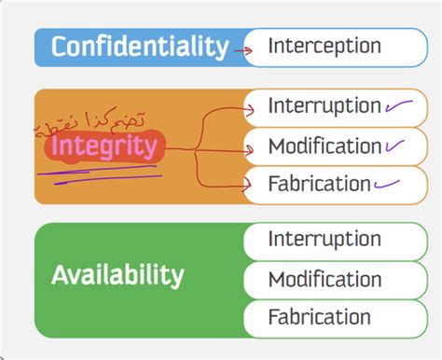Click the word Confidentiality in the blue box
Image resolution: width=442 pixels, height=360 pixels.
pyautogui.click(x=140, y=47)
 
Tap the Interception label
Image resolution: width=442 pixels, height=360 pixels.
pyautogui.click(x=324, y=46)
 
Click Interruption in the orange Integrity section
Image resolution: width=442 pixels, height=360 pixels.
pyautogui.click(x=324, y=106)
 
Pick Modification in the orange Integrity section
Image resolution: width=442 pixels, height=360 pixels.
pyautogui.click(x=324, y=146)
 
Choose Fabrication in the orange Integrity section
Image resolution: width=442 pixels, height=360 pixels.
pyautogui.click(x=319, y=183)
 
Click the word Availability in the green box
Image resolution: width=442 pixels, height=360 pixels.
pyautogui.click(x=117, y=275)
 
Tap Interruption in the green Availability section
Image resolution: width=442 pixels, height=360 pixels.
pyautogui.click(x=324, y=239)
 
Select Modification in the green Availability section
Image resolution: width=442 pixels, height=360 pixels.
pyautogui.click(x=324, y=279)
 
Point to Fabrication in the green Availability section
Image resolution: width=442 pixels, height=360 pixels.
pyautogui.click(x=319, y=316)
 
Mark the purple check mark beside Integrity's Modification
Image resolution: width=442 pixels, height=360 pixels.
pyautogui.click(x=396, y=145)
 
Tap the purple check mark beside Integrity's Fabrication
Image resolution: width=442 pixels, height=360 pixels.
pyautogui.click(x=388, y=183)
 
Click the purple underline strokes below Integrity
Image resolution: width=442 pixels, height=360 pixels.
pyautogui.click(x=103, y=174)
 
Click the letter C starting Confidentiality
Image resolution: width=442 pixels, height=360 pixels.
pyautogui.click(x=61, y=47)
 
